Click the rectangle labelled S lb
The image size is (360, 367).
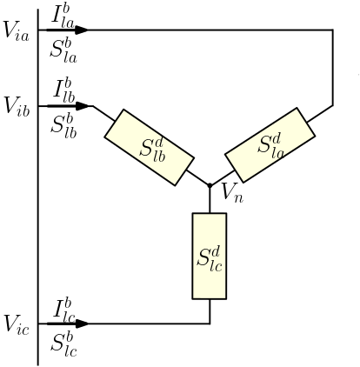click(149, 147)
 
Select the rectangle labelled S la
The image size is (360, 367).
click(270, 145)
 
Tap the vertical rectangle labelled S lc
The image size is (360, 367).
click(210, 256)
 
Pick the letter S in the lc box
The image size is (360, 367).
click(203, 257)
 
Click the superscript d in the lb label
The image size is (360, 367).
click(158, 139)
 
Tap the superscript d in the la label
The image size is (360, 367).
click(277, 137)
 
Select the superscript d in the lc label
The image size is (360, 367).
click(216, 250)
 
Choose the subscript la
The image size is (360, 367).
click(277, 152)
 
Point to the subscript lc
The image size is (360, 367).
click(215, 265)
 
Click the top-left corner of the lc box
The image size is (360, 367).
click(194, 214)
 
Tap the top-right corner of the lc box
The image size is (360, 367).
click(225, 214)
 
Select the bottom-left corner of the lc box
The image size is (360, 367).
click(194, 297)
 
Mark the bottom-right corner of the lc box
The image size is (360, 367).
click(225, 297)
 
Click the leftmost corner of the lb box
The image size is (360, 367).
click(106, 136)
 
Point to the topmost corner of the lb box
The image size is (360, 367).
click(123, 110)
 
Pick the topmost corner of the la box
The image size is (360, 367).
click(297, 109)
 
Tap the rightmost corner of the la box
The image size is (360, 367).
click(313, 135)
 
